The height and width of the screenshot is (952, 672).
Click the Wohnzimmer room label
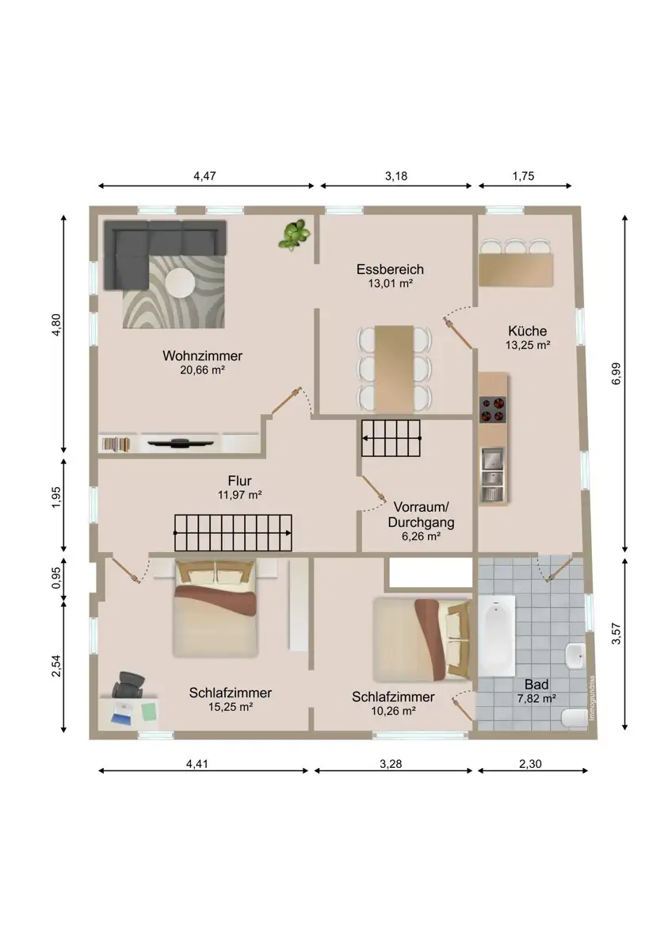tap(202, 355)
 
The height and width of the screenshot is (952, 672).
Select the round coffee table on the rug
tap(181, 281)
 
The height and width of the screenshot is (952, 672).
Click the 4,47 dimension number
tap(204, 176)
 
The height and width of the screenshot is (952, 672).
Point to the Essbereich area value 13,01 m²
tap(390, 283)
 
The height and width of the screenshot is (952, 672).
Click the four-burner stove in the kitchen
tap(492, 409)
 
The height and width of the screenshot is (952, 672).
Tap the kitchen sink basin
tap(492, 460)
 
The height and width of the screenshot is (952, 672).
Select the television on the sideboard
tap(181, 443)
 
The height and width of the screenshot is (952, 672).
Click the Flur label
tap(239, 481)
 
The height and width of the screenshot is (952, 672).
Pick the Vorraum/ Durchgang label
tap(421, 515)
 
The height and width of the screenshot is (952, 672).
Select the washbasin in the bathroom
tap(575, 655)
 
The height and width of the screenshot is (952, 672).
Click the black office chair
tap(128, 685)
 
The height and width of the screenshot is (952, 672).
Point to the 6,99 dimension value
tap(616, 374)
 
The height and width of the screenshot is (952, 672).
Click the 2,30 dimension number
tap(530, 764)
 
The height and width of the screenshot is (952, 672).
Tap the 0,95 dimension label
tap(57, 578)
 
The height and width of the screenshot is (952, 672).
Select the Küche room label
tap(527, 331)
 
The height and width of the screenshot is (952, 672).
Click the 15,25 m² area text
tap(231, 707)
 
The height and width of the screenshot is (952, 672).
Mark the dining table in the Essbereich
tap(394, 369)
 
